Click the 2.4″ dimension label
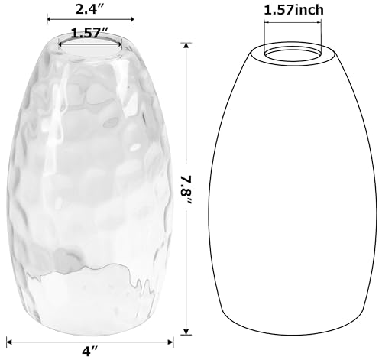click(x=90, y=9)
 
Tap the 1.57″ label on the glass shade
click(x=90, y=33)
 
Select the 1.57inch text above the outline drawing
click(x=293, y=10)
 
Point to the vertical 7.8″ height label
click(x=186, y=189)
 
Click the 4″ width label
click(x=90, y=352)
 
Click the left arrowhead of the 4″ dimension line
click(x=9, y=342)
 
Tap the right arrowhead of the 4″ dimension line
click(x=170, y=342)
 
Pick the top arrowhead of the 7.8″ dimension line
click(x=186, y=46)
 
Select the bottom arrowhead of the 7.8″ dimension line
click(x=186, y=332)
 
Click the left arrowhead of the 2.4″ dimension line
click(x=50, y=19)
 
